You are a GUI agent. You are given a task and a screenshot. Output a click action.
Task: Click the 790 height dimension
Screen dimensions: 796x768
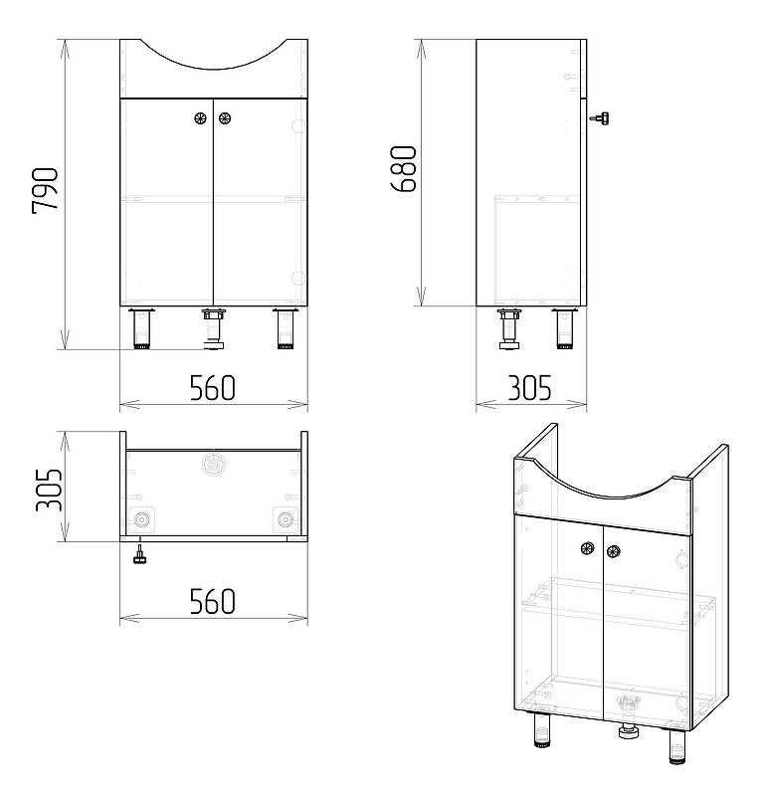click(45, 191)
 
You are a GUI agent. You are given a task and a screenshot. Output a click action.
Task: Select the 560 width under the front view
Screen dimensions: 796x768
click(213, 387)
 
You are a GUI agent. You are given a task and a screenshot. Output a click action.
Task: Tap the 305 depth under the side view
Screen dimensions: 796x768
click(529, 387)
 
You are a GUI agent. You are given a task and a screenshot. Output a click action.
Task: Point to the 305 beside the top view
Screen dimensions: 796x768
click(49, 489)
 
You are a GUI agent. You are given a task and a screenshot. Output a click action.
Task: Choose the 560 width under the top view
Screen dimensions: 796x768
click(213, 601)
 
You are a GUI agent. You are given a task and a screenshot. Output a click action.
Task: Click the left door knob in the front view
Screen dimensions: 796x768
click(201, 118)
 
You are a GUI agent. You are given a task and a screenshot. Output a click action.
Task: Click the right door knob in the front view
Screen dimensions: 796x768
click(225, 118)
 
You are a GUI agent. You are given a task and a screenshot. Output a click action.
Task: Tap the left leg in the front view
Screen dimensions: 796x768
click(140, 329)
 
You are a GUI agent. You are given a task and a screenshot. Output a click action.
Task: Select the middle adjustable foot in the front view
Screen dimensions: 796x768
click(213, 329)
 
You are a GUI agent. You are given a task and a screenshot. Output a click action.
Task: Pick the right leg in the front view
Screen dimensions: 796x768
click(287, 329)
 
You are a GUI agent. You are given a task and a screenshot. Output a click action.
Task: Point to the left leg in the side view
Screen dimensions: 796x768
click(510, 329)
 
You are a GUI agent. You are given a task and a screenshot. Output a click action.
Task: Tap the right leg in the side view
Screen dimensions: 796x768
click(565, 328)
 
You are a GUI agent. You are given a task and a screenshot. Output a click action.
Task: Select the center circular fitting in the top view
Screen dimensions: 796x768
click(213, 464)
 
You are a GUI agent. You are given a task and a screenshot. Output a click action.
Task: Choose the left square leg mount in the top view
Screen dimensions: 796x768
click(140, 519)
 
